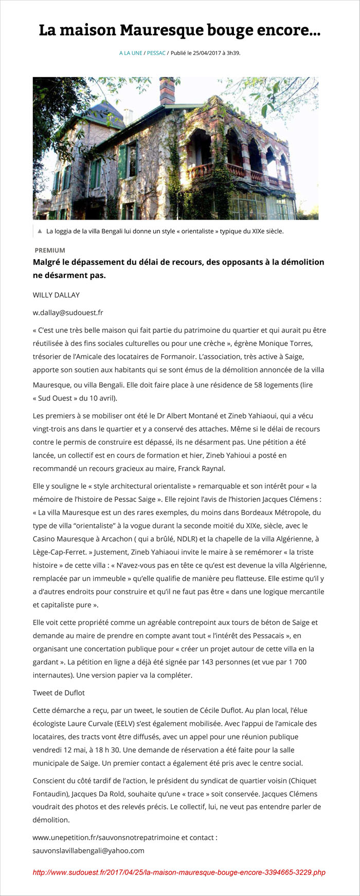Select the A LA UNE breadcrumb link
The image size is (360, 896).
pos(131,53)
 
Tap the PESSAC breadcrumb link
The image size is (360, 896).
pos(156,53)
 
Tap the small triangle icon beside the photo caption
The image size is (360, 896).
pos(40,231)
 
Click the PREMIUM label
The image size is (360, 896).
pos(50,250)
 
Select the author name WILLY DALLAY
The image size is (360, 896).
pos(56,295)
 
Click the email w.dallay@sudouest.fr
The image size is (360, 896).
pos(68,313)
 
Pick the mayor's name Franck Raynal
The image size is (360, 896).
pos(201,468)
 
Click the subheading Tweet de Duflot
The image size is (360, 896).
pos(59,693)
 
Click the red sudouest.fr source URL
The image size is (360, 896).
pos(179,872)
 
